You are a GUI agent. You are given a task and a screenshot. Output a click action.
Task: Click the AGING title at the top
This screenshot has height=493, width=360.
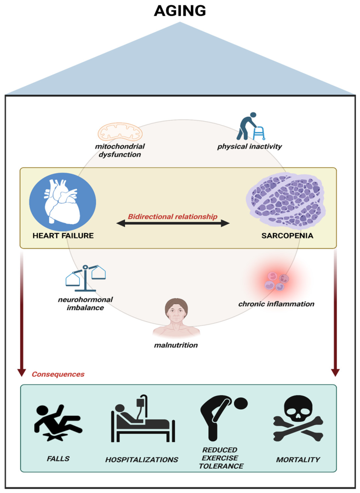[x=180, y=11]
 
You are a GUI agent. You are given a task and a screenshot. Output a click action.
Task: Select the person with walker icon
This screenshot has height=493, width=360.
[x=251, y=126]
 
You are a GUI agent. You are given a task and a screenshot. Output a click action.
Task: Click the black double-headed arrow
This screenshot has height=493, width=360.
[x=173, y=224]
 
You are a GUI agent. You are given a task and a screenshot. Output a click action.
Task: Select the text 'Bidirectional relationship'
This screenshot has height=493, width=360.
[x=172, y=217]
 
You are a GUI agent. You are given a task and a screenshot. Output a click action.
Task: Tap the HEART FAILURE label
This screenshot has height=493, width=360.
[x=63, y=236]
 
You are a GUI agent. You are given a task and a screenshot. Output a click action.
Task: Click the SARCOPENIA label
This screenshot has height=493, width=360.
[x=287, y=236]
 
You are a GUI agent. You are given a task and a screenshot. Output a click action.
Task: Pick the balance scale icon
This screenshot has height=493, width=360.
[x=85, y=278]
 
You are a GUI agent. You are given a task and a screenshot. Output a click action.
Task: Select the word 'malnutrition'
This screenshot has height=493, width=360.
[x=176, y=345]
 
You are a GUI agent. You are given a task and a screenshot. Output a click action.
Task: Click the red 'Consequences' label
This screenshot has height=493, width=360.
[x=58, y=374]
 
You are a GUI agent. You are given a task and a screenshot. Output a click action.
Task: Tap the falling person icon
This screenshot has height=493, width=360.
[x=58, y=423]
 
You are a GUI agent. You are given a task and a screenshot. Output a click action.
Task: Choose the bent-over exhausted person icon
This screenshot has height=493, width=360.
[x=224, y=418]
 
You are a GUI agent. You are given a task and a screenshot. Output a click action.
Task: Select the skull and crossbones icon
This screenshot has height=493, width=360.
[x=298, y=418]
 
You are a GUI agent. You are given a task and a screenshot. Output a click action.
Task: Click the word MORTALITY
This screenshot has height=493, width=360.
[x=298, y=460]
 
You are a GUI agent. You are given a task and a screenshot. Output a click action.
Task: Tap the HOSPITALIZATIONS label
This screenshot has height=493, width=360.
[x=142, y=460]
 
